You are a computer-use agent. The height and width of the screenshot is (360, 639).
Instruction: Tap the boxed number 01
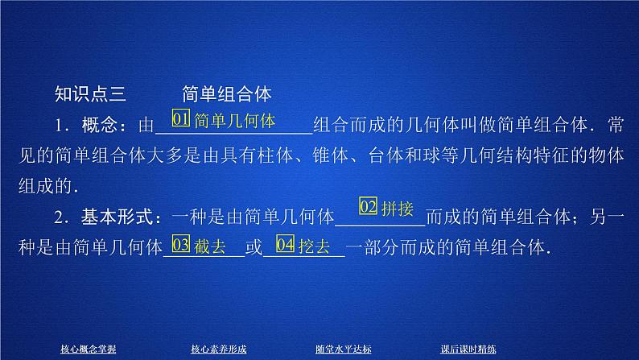181,121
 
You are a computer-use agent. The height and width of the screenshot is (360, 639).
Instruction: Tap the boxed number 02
368,207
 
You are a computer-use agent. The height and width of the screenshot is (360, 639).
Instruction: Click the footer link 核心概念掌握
88,349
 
